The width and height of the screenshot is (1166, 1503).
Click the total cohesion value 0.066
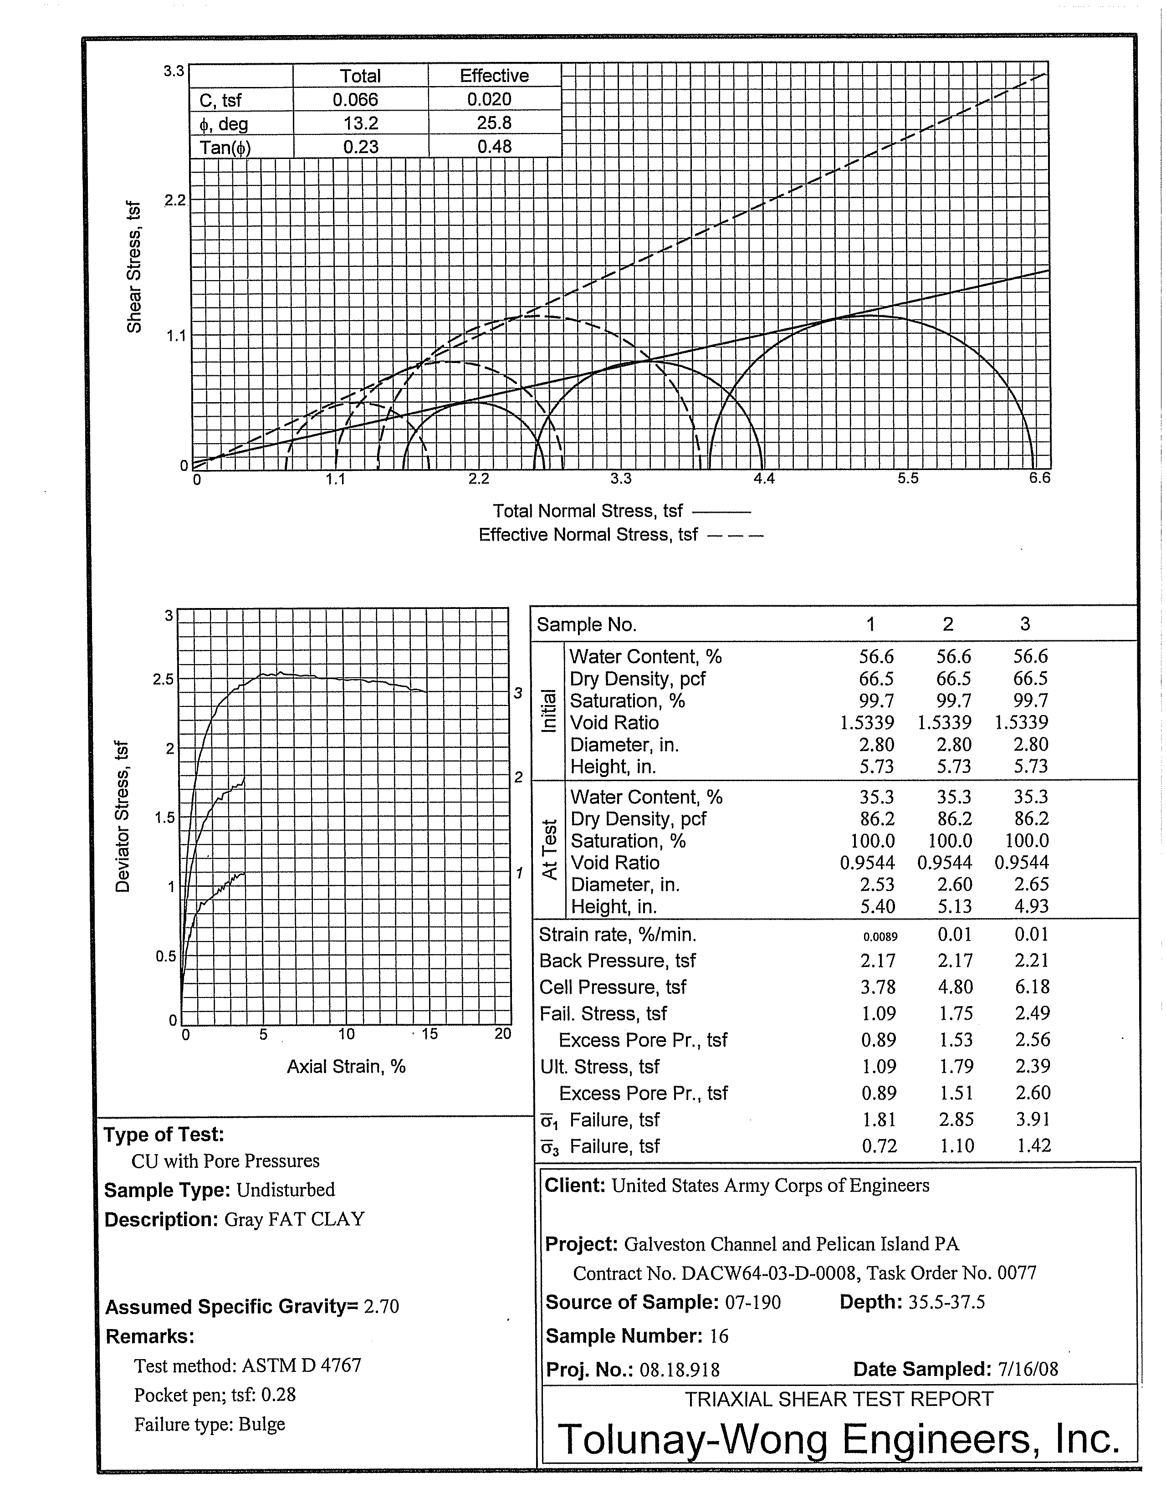pos(355,100)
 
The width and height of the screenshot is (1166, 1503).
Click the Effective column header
pos(494,76)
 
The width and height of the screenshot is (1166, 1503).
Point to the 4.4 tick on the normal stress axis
pos(764,478)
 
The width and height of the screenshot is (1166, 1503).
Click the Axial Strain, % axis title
pos(346,1067)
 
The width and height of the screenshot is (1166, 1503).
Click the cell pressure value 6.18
pos(1031,987)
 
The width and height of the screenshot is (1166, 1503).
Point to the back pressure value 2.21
pos(1031,961)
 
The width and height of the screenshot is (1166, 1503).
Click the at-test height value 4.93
pos(1031,906)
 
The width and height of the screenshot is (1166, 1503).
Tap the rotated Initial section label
pos(548,711)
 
